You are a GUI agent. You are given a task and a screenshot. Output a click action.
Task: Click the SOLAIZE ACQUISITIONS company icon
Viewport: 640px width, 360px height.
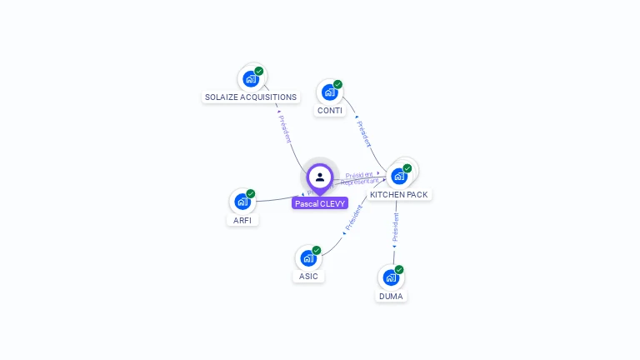[250, 79]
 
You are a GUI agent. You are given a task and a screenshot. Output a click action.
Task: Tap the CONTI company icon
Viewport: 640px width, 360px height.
[329, 92]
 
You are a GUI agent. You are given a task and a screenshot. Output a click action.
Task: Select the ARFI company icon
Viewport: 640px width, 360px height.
[242, 202]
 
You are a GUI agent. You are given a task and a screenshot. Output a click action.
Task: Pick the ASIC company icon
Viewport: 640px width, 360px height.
[307, 258]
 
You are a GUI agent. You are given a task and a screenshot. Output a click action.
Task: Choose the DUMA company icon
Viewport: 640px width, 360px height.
[390, 277]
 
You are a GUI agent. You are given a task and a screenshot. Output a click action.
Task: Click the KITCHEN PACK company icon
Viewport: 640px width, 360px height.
[399, 176]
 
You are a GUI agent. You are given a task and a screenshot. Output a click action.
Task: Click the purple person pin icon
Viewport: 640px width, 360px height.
[320, 177]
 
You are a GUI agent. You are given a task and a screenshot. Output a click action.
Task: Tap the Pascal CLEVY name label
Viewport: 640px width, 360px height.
[320, 203]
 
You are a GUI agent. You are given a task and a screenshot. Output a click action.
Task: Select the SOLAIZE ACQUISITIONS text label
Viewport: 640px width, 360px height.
[251, 97]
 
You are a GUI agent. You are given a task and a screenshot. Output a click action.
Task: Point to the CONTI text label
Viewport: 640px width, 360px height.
[330, 111]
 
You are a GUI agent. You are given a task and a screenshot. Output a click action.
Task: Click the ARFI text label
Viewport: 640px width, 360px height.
[242, 221]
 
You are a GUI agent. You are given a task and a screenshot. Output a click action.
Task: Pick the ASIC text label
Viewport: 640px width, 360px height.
[308, 277]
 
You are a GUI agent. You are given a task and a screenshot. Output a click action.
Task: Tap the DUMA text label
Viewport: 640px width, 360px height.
[391, 296]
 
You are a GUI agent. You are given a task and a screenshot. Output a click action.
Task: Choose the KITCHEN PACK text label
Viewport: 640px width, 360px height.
[399, 195]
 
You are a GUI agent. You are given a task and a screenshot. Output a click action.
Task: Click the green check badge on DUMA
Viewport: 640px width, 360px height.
[399, 270]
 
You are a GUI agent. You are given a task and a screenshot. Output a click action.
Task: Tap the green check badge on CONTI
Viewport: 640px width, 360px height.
[338, 84]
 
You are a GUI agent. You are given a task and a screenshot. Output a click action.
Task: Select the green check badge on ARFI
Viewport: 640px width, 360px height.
[251, 194]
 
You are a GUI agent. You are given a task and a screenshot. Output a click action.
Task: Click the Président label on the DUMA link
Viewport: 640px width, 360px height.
[396, 227]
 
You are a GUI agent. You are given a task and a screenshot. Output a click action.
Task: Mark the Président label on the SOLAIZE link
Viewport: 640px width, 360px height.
[285, 125]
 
